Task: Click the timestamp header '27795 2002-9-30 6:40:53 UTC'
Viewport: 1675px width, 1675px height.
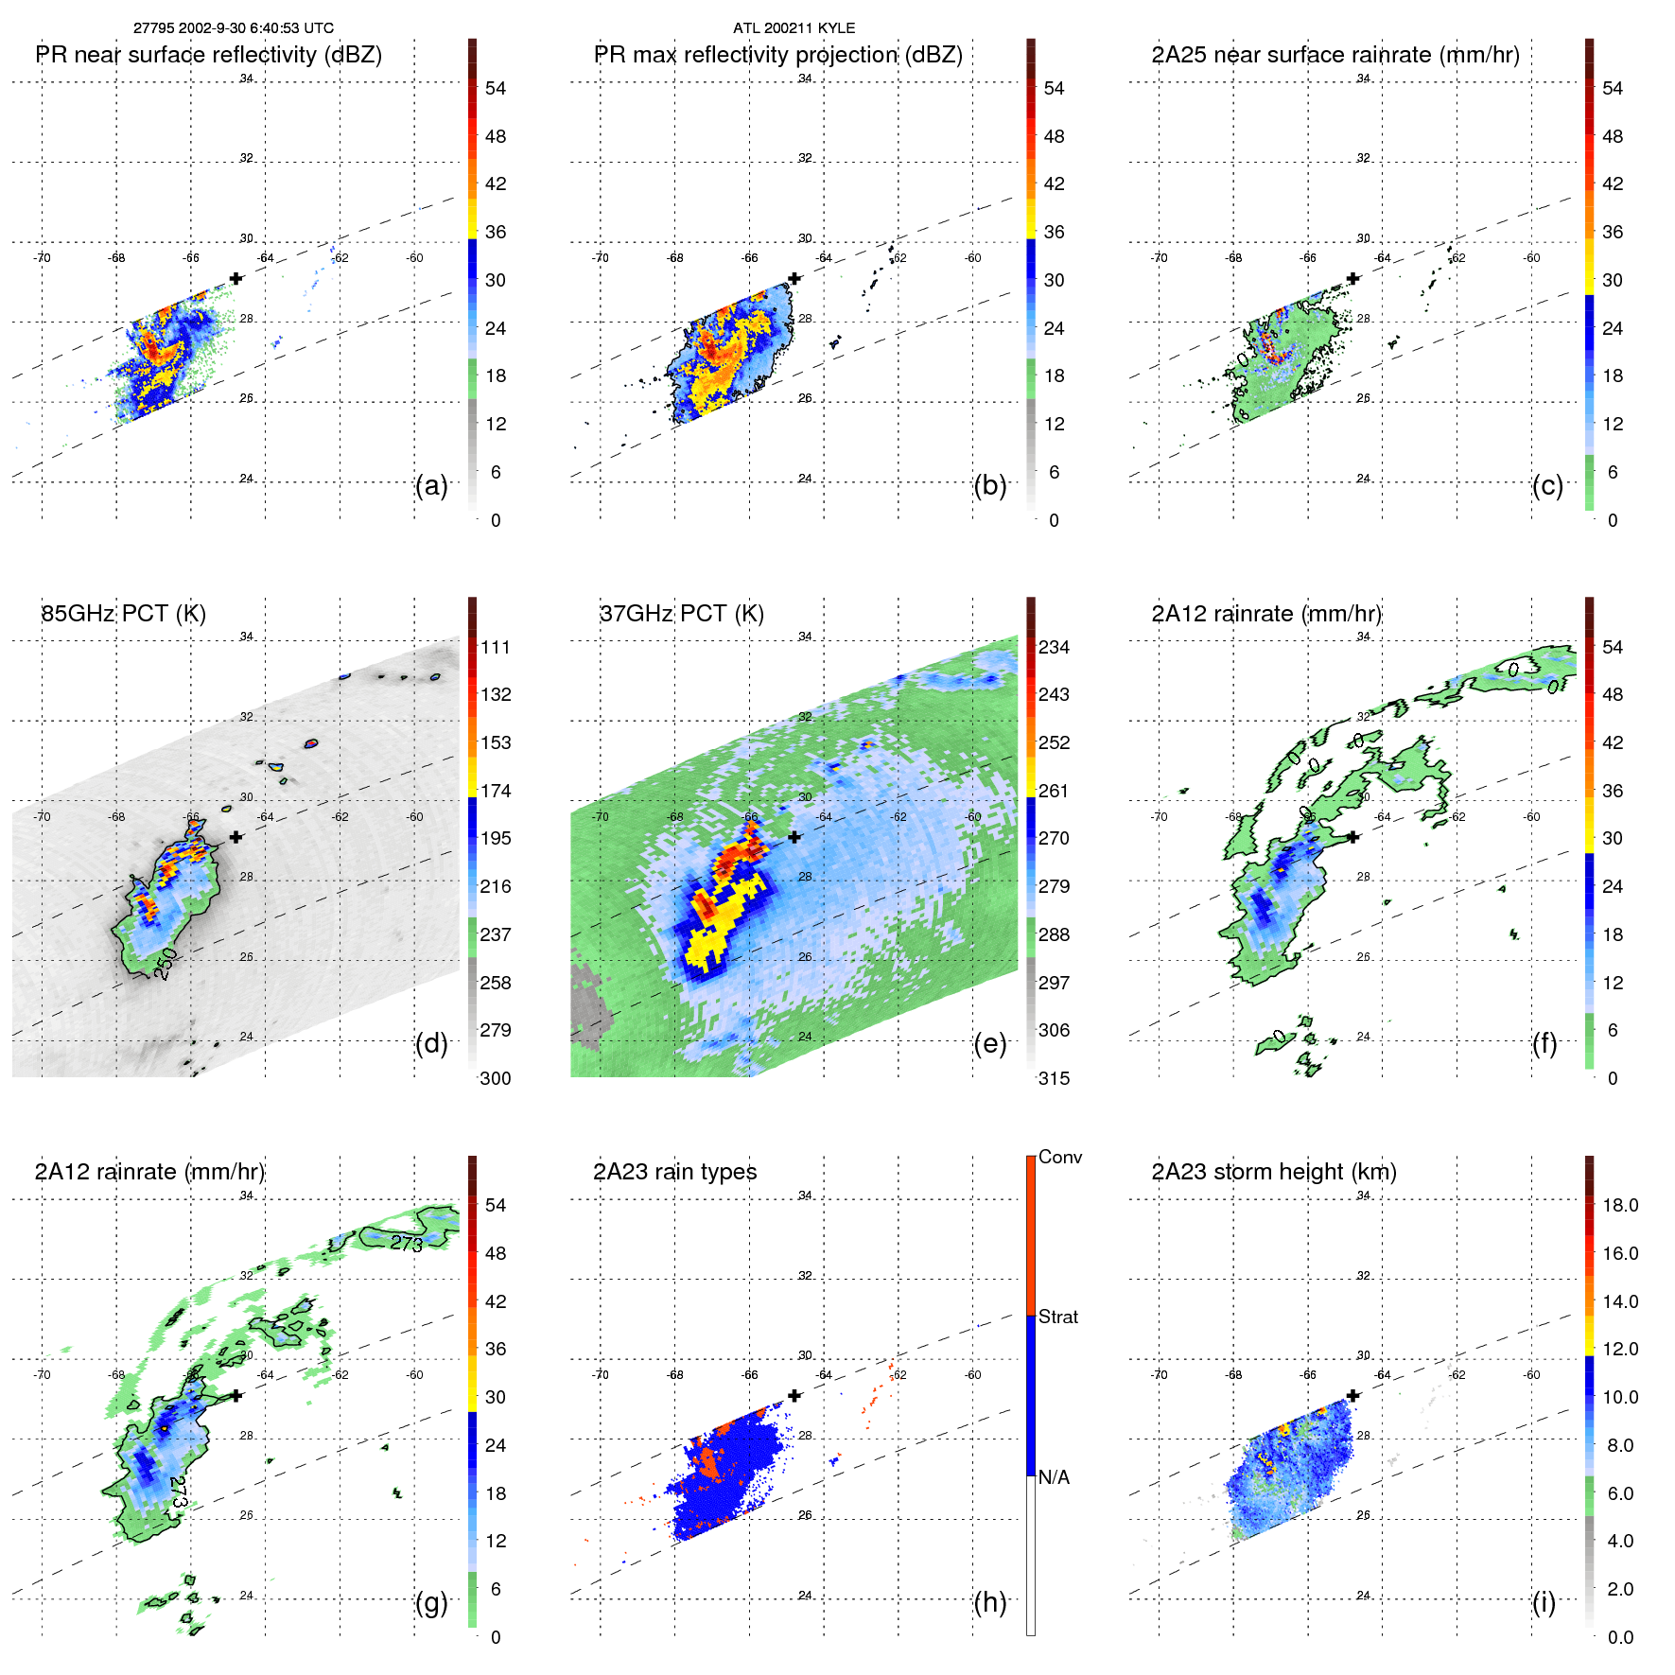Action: click(x=233, y=28)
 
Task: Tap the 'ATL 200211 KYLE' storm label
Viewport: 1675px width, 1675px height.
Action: click(x=794, y=28)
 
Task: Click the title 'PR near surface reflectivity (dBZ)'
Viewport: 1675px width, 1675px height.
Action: click(x=209, y=55)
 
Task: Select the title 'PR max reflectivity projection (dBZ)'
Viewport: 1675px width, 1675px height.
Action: click(x=777, y=55)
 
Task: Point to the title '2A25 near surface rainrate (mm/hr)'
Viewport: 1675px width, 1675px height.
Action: click(x=1335, y=55)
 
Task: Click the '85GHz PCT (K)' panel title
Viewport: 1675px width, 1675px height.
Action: click(x=123, y=614)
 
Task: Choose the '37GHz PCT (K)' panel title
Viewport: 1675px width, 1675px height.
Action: click(x=681, y=614)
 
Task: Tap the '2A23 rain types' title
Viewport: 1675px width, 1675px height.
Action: click(x=674, y=1172)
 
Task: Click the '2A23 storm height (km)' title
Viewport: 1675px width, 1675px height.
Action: click(x=1274, y=1172)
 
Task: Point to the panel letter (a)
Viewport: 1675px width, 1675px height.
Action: click(x=431, y=485)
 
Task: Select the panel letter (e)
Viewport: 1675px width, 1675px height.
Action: click(x=990, y=1043)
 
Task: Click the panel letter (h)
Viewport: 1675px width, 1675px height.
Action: click(x=990, y=1602)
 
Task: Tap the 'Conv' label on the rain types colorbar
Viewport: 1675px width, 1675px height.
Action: click(x=1060, y=1157)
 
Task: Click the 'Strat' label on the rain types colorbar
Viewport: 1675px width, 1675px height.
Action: click(x=1058, y=1317)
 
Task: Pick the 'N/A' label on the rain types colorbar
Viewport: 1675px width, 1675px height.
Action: click(x=1055, y=1477)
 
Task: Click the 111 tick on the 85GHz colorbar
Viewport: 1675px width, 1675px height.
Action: click(x=496, y=647)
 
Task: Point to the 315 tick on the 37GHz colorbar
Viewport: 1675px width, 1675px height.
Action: click(x=1054, y=1078)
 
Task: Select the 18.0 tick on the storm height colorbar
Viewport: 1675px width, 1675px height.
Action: click(x=1620, y=1205)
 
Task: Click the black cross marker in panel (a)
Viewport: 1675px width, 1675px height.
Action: click(x=236, y=278)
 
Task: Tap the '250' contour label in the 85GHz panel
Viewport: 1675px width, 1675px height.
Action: click(x=165, y=964)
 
